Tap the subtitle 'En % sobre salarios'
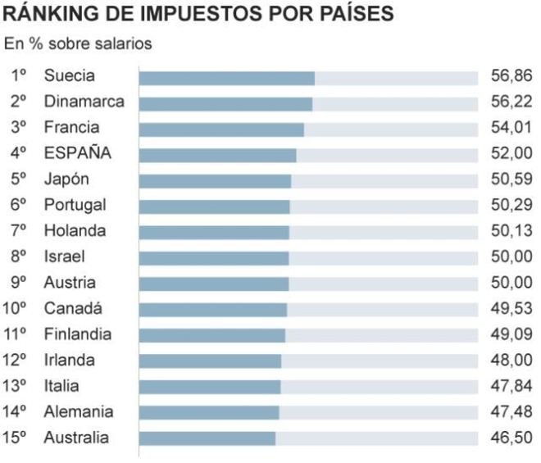pos(78,44)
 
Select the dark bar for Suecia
pos(227,78)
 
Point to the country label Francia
pos(72,128)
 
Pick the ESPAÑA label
pos(78,153)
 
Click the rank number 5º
pos(20,179)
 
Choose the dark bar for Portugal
pos(214,206)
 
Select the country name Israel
pos(65,257)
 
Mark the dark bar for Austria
pos(214,284)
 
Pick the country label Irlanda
pos(70,361)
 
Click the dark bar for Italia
pos(210,387)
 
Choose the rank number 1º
pos(20,76)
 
